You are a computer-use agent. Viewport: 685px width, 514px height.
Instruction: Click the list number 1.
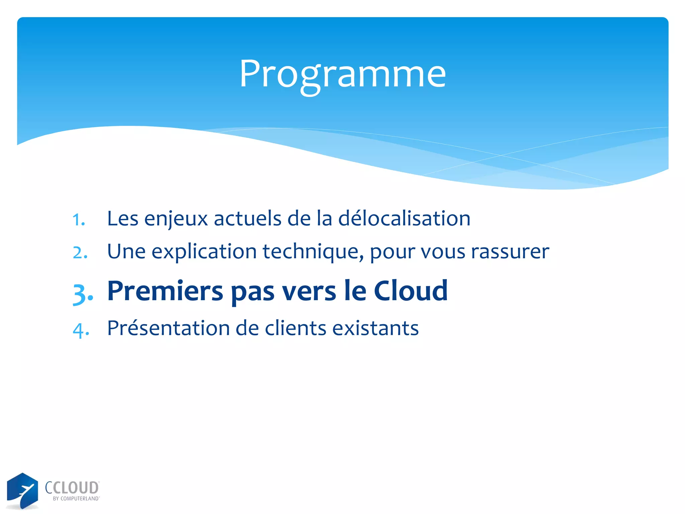point(79,220)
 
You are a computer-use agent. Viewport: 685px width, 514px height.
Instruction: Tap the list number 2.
point(80,253)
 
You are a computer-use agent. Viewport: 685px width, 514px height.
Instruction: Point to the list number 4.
point(81,330)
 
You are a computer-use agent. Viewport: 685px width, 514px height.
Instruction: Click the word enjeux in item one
point(176,219)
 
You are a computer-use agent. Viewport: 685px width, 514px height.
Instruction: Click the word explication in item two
point(204,252)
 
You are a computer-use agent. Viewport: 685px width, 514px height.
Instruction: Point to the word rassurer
point(510,252)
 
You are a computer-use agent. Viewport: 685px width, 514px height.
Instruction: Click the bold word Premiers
point(165,291)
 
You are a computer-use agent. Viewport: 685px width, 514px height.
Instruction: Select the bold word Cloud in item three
point(410,291)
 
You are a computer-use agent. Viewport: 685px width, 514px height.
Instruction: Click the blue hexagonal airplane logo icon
point(22,491)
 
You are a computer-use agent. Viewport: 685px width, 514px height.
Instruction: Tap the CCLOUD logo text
point(72,488)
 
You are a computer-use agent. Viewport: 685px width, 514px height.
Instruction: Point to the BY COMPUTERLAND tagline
point(76,499)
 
